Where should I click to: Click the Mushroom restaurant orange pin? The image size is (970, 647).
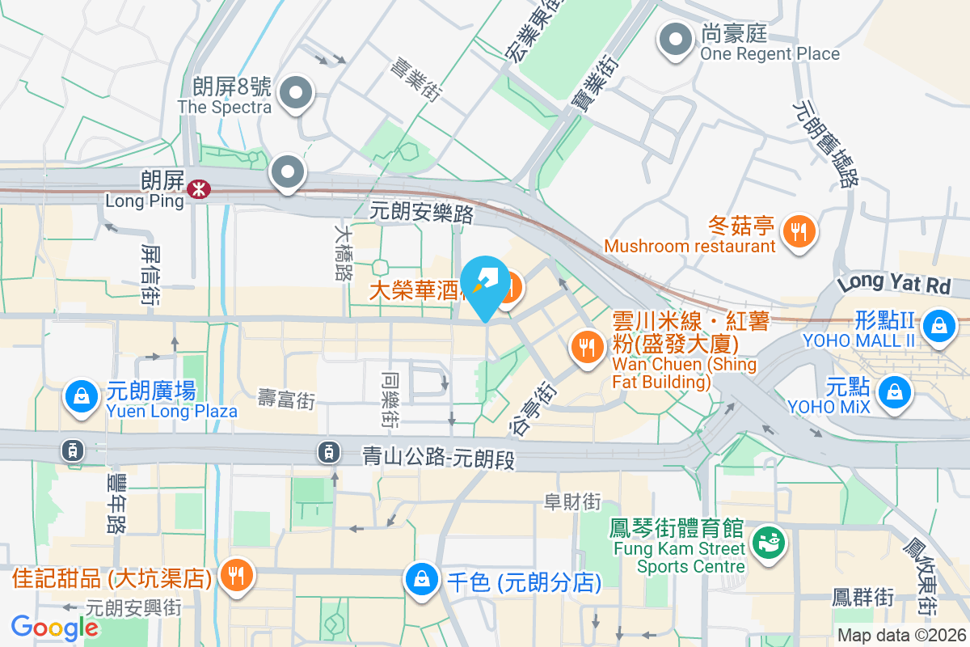point(799,232)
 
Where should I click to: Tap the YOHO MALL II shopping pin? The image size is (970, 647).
point(938,325)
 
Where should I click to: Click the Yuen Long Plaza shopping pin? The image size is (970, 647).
point(81,396)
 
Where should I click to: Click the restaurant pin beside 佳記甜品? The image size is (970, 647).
point(236,575)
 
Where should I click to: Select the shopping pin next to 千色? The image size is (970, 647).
point(421,578)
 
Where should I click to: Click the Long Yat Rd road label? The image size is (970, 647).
point(893,284)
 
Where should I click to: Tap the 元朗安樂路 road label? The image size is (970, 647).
point(421,214)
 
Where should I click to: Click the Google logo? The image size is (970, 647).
point(55,628)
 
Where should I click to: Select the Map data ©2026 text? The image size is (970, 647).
point(901,636)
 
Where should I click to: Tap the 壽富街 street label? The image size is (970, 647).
point(286,398)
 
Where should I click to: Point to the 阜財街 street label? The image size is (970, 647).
point(572,502)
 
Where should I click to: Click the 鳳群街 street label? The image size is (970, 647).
point(863,598)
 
